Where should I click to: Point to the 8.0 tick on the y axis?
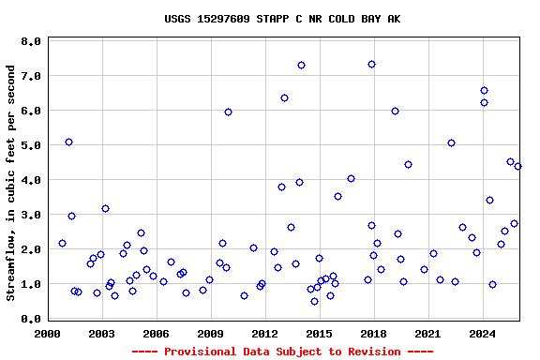[x=30, y=42]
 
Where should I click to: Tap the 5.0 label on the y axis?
[x=30, y=146]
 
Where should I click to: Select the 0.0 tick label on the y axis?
[x=30, y=320]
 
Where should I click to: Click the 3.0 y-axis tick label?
[x=30, y=216]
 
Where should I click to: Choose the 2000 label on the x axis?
[x=47, y=333]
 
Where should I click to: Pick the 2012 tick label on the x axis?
[x=264, y=333]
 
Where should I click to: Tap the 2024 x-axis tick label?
[x=482, y=333]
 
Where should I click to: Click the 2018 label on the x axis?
[x=373, y=333]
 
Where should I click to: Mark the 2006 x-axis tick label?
[x=156, y=333]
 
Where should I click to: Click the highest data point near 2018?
[x=371, y=64]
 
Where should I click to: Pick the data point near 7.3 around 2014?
[x=301, y=65]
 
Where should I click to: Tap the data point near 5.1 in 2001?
[x=68, y=142]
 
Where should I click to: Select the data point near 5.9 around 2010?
[x=228, y=112]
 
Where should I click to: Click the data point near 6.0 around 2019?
[x=395, y=111]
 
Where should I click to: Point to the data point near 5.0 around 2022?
[x=451, y=142]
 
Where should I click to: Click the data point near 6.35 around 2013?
[x=284, y=97]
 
